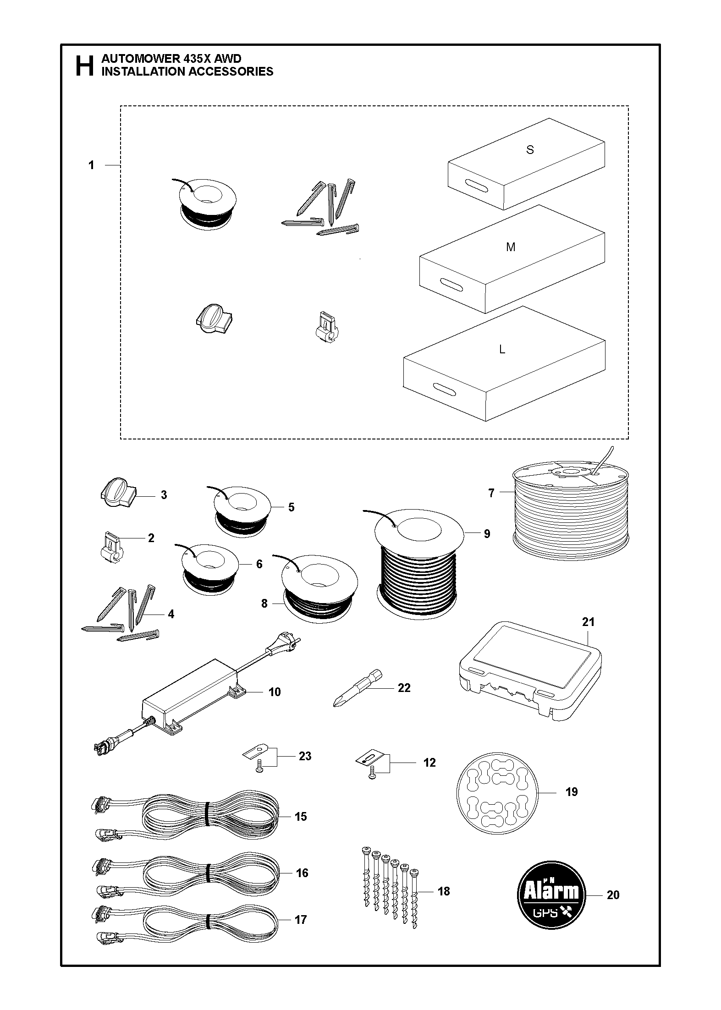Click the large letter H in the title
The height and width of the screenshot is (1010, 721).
(x=84, y=66)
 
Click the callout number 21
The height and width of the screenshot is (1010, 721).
(x=588, y=622)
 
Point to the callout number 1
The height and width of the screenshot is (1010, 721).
(x=91, y=165)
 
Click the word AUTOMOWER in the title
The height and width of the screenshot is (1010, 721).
(x=138, y=59)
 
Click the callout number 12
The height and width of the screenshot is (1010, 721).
(x=429, y=763)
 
